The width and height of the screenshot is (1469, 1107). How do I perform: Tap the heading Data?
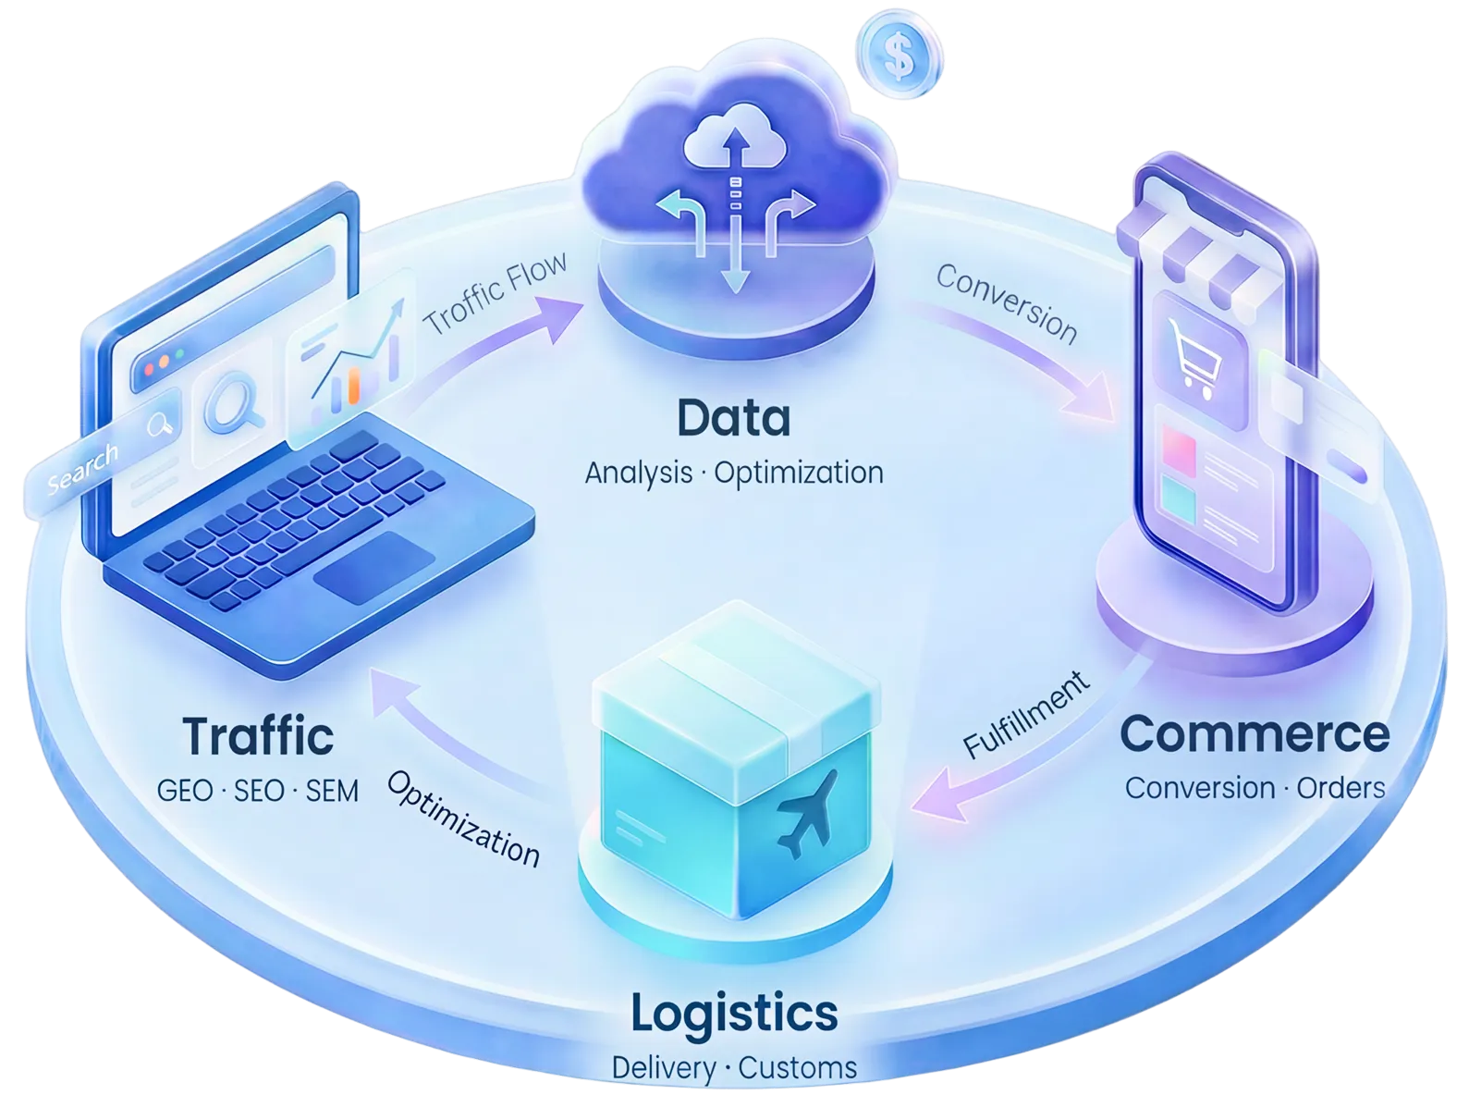pyautogui.click(x=734, y=418)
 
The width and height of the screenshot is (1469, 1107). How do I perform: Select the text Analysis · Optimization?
pyautogui.click(x=734, y=473)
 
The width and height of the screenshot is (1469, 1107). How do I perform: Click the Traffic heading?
pyautogui.click(x=258, y=736)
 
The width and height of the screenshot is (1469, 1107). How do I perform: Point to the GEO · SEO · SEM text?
pyautogui.click(x=258, y=791)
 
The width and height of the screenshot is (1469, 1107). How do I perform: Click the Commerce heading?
pyautogui.click(x=1255, y=734)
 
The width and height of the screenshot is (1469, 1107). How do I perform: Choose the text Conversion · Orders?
pyautogui.click(x=1255, y=788)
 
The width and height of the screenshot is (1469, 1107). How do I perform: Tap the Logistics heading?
pyautogui.click(x=734, y=1013)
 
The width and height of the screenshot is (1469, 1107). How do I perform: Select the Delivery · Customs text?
pyautogui.click(x=734, y=1068)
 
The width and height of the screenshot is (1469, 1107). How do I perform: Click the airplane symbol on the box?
pyautogui.click(x=807, y=811)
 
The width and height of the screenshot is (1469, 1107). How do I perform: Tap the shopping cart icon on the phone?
pyautogui.click(x=1193, y=358)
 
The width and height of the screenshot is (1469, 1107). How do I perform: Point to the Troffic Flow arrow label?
pyautogui.click(x=495, y=293)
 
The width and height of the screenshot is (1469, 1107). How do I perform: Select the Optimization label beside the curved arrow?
pyautogui.click(x=463, y=819)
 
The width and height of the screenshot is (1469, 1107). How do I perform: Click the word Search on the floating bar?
pyautogui.click(x=83, y=468)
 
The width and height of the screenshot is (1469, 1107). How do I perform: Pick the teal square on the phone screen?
pyautogui.click(x=1177, y=501)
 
